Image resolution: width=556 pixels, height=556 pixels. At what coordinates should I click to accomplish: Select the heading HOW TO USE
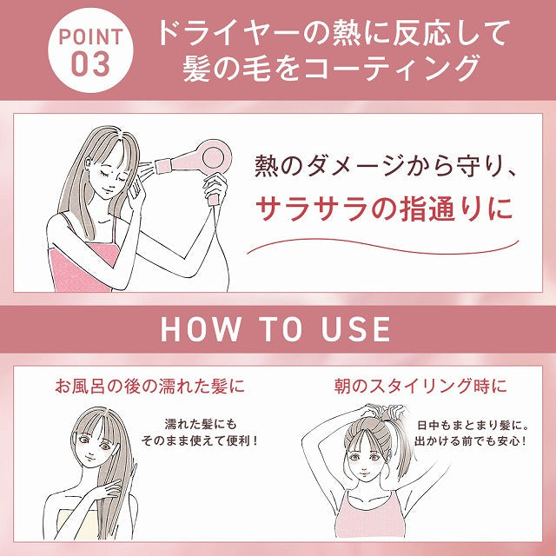point(276,328)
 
